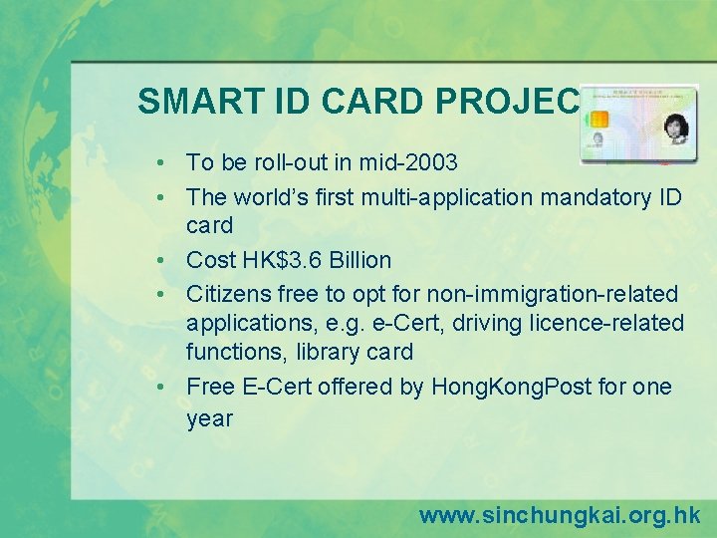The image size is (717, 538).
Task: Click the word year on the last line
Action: pyautogui.click(x=209, y=418)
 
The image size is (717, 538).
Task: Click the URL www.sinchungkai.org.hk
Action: pyautogui.click(x=560, y=515)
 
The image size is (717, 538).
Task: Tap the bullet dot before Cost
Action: pyautogui.click(x=159, y=261)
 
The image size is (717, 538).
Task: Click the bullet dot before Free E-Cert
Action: pyautogui.click(x=159, y=388)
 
